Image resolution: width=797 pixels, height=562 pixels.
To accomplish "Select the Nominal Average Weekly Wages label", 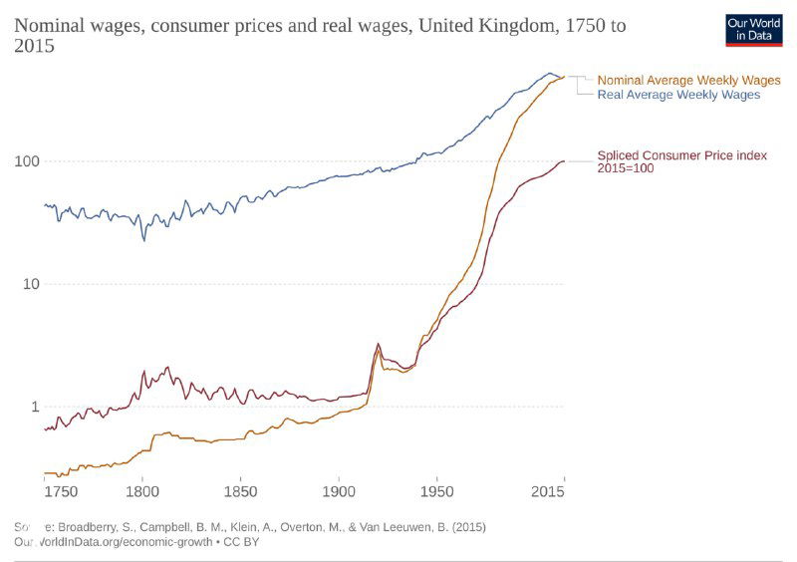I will click(x=688, y=80).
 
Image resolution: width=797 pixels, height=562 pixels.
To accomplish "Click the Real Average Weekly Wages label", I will click(x=678, y=95).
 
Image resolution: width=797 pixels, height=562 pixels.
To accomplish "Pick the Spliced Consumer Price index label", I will click(x=681, y=154).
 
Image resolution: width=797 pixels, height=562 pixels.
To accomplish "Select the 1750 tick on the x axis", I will click(x=60, y=491).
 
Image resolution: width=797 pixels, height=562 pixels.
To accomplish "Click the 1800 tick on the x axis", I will click(x=142, y=491).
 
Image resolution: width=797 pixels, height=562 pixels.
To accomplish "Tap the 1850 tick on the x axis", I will click(x=240, y=491).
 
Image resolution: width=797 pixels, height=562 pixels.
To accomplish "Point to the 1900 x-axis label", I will click(x=339, y=491).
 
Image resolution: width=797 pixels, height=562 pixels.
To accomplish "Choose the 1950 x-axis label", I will click(x=436, y=491).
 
